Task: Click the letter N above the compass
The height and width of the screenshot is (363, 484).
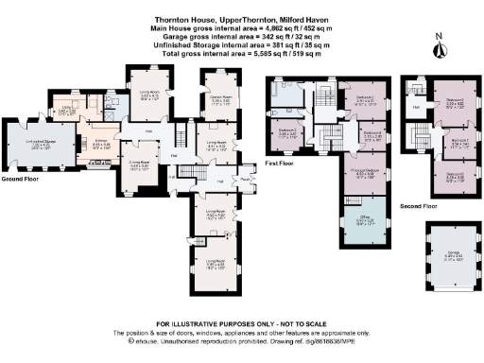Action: [438, 36]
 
